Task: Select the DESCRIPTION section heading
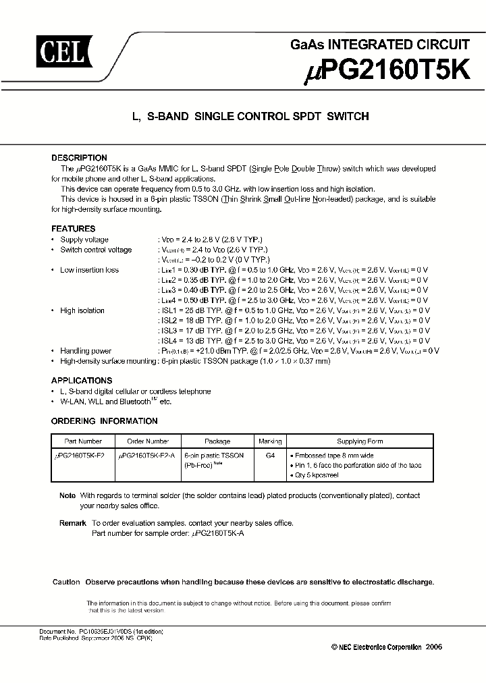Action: [x=79, y=158]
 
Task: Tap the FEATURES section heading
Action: [x=74, y=229]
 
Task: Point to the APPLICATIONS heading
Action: [x=82, y=381]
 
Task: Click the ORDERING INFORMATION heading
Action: [x=105, y=421]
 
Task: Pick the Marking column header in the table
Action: [x=270, y=441]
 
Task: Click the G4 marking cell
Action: [x=270, y=456]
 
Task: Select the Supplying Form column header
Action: [x=360, y=441]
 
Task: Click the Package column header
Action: [x=217, y=441]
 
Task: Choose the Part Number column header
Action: [x=82, y=441]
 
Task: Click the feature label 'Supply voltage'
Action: [x=84, y=240]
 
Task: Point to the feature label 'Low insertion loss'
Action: [x=89, y=270]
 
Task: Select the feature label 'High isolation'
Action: [x=82, y=310]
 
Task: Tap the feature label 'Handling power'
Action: [x=86, y=351]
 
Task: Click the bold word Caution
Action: [x=66, y=582]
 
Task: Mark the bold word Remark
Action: [x=72, y=523]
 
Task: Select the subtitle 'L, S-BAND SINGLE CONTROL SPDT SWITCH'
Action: [x=250, y=117]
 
